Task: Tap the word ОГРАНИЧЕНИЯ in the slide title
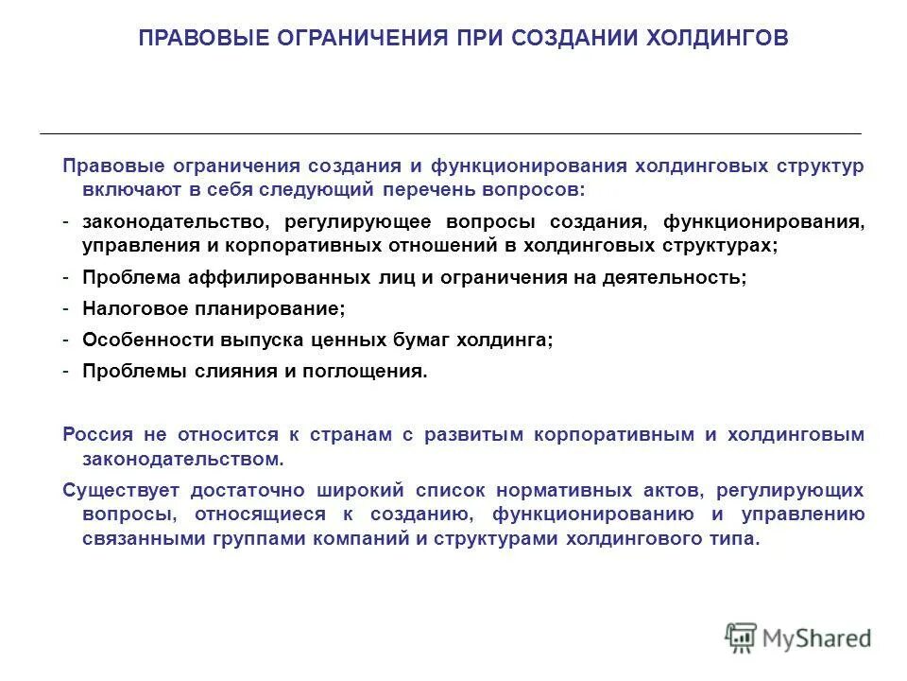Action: (359, 38)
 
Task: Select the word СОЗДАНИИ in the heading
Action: (562, 38)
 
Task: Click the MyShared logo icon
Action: (742, 637)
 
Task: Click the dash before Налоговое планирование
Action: (67, 308)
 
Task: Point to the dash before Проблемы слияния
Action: (67, 371)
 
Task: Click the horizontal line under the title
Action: (451, 133)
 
